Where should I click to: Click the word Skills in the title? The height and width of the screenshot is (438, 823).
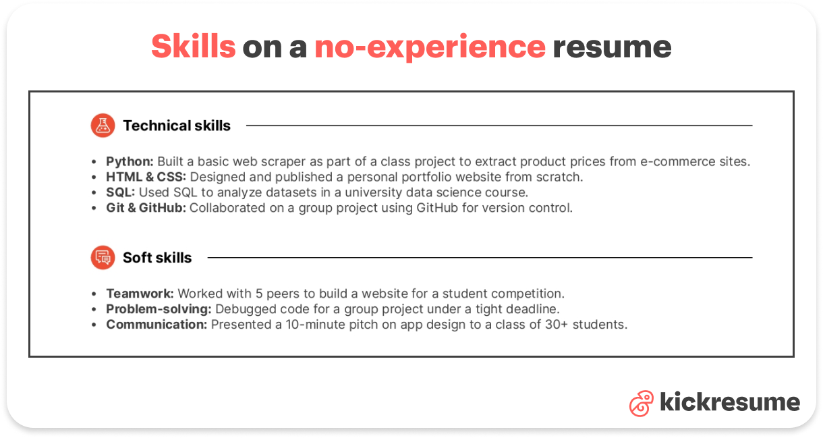click(193, 47)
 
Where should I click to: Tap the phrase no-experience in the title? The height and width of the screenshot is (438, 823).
click(430, 47)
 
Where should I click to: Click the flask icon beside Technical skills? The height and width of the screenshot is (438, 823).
click(103, 126)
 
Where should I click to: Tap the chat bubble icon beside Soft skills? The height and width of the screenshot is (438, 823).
click(103, 257)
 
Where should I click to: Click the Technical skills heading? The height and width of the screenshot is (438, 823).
click(177, 126)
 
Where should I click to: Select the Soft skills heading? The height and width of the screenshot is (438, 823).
click(157, 258)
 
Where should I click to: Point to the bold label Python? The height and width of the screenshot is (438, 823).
click(130, 162)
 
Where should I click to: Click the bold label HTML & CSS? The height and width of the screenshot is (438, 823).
click(146, 177)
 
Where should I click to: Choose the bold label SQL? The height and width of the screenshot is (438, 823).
click(121, 192)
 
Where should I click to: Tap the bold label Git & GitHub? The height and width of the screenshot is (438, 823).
click(146, 208)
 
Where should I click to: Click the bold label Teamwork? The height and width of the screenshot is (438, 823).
click(140, 294)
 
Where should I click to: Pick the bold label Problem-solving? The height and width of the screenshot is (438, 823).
click(159, 309)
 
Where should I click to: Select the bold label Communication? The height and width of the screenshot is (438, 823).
click(157, 325)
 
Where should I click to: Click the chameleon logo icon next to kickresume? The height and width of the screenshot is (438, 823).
click(641, 403)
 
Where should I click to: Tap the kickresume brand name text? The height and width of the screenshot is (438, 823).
click(729, 403)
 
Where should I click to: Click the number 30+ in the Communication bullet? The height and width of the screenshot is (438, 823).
click(557, 325)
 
